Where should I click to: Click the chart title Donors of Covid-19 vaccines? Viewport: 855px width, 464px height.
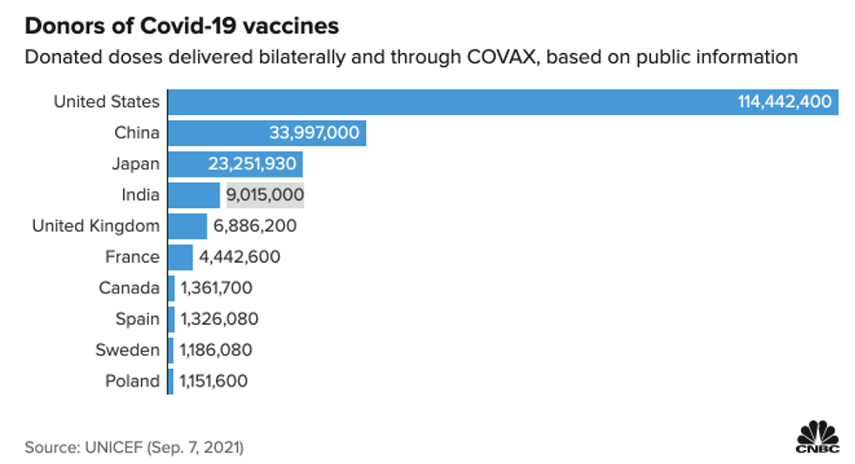[x=182, y=26]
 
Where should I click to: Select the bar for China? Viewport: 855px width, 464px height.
[x=267, y=133]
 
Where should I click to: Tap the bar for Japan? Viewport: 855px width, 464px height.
[x=235, y=164]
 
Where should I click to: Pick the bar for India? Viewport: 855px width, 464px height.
[x=193, y=195]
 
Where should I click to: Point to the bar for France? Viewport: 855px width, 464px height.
[x=180, y=257]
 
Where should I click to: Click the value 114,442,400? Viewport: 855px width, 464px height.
[x=784, y=102]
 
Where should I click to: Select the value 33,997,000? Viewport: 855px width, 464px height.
[x=314, y=133]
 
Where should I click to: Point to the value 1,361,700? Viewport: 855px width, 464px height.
[x=216, y=288]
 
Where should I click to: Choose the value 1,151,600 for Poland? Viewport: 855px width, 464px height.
[x=214, y=381]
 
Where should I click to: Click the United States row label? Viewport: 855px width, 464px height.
[x=106, y=102]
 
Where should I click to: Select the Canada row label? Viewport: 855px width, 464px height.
[x=129, y=288]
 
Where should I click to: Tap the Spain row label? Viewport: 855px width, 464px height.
[x=138, y=319]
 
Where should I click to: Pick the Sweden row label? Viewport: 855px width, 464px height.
[x=127, y=350]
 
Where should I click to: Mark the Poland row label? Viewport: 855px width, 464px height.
[x=132, y=381]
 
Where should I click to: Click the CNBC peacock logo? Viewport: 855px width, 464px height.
[x=817, y=437]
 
